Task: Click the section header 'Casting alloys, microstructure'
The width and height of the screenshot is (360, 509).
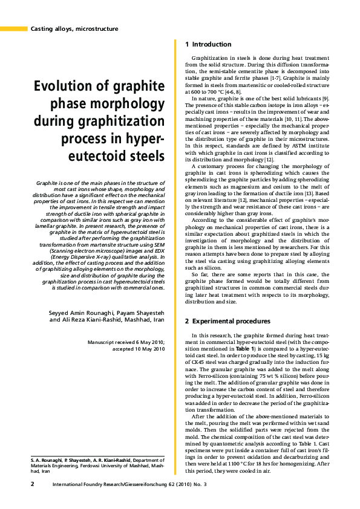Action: [x=74, y=28]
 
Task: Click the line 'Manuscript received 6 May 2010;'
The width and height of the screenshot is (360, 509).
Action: [x=126, y=342]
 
